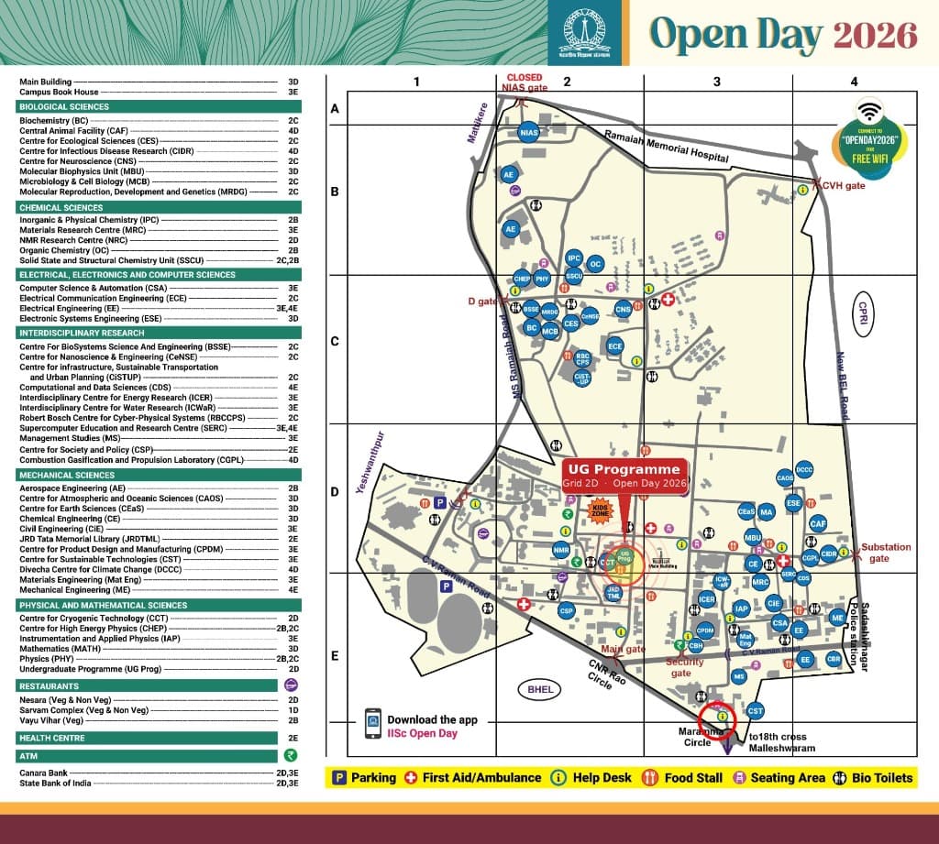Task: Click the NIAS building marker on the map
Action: pos(528,133)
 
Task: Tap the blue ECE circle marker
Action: pos(615,345)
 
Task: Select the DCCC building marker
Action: pos(804,470)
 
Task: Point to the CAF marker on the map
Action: pos(819,523)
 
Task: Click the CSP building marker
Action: pos(567,610)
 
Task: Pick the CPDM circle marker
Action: pos(704,630)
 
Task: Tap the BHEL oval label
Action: pos(536,688)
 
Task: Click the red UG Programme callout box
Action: pos(624,476)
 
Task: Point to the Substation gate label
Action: pos(886,553)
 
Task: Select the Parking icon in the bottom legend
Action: pos(338,777)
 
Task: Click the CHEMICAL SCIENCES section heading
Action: pos(61,208)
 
